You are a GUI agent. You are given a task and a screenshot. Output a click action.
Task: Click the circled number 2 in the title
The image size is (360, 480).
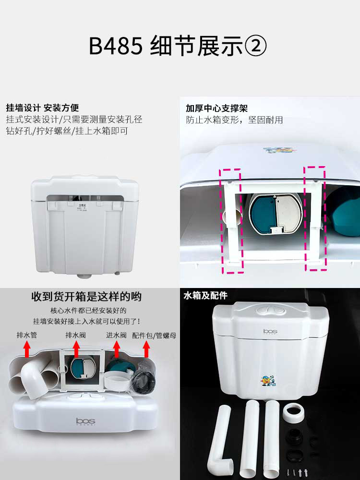256,46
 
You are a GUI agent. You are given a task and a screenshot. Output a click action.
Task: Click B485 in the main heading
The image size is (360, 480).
116,46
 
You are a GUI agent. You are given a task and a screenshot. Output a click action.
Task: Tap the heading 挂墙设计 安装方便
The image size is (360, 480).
43,108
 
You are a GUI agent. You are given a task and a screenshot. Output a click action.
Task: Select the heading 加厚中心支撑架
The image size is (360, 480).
216,108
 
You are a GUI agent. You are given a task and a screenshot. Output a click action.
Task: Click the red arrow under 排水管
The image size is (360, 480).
27,349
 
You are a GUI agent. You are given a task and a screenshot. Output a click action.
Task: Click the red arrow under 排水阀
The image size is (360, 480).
76,349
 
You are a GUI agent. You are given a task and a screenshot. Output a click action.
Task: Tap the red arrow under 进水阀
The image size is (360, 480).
116,349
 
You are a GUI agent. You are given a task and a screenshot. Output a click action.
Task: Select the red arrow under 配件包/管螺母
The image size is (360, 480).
146,349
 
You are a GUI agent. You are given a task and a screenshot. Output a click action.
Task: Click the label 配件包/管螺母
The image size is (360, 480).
154,336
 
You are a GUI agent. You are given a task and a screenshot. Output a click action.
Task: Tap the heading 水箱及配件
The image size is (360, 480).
205,295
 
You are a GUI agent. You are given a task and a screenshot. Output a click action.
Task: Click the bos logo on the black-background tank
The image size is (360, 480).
270,331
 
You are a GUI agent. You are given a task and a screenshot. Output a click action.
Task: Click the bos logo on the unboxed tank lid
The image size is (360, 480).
85,421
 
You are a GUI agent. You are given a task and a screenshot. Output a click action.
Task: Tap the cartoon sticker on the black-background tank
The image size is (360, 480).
268,381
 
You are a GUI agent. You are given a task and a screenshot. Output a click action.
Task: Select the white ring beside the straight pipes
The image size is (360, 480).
294,413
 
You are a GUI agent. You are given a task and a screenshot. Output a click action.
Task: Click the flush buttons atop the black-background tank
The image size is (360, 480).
270,310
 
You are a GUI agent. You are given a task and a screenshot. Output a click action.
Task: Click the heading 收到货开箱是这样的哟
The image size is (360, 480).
86,297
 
